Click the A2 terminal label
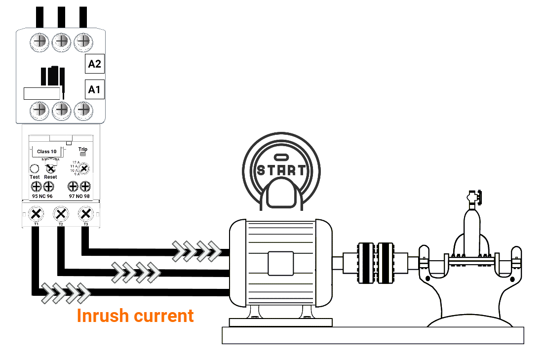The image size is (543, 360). tap(95, 64)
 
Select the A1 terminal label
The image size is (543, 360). tap(94, 89)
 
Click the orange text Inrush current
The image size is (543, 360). tap(135, 316)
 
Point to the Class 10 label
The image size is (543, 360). tap(47, 151)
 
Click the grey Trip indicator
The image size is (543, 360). tap(83, 155)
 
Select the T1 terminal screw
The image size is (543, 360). tap(36, 214)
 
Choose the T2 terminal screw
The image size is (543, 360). tap(61, 214)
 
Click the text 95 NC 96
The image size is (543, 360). tap(42, 196)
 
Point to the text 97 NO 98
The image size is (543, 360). tap(79, 196)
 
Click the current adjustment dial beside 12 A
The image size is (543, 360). tap(84, 169)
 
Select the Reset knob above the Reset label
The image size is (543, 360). tap(50, 168)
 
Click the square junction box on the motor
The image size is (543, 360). tap(281, 263)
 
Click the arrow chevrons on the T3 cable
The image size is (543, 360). tap(196, 251)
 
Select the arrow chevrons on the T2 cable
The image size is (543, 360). tap(136, 272)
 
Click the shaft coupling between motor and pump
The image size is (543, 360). tap(376, 263)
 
